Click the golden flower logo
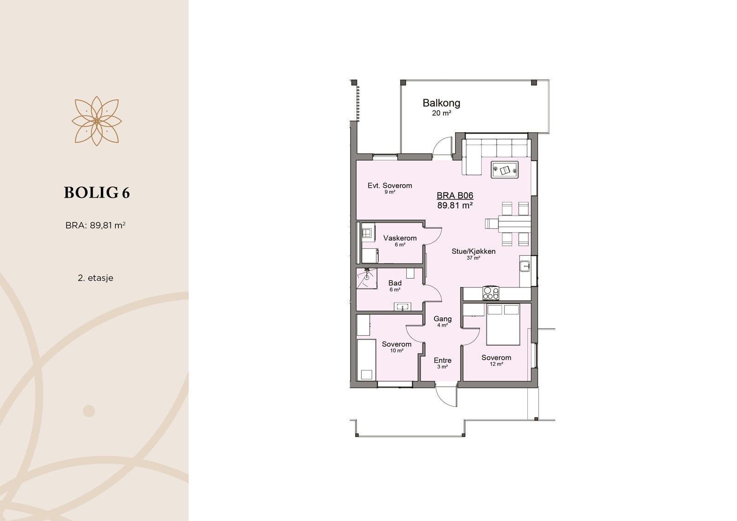(x=96, y=121)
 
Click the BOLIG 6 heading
(x=97, y=193)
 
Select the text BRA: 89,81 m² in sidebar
(x=96, y=226)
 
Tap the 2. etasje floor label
(x=95, y=278)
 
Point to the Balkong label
(x=441, y=103)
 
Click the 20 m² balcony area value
(x=441, y=113)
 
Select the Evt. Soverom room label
(x=390, y=186)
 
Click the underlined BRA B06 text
(x=455, y=196)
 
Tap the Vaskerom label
(x=400, y=238)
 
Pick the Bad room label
(x=395, y=283)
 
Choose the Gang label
(x=442, y=319)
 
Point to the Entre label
(x=442, y=360)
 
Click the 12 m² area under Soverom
(x=496, y=364)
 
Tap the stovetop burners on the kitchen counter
(x=491, y=293)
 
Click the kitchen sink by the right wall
(x=525, y=266)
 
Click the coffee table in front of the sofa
(x=504, y=170)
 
